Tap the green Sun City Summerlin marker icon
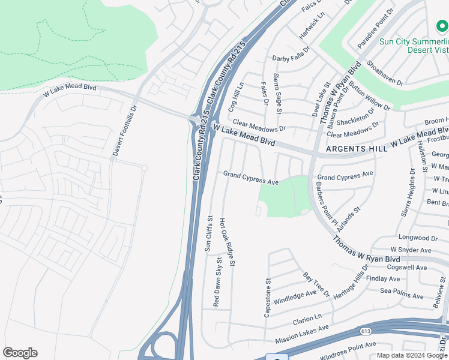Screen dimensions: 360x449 click(442, 26)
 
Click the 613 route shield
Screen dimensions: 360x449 click(366, 331)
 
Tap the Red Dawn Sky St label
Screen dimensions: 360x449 click(217, 281)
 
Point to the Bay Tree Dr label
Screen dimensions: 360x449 click(316, 284)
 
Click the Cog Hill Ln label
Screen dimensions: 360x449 click(235, 97)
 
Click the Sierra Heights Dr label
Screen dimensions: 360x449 click(407, 193)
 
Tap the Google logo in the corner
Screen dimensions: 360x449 click(20, 353)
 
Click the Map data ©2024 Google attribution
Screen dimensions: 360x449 click(411, 355)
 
